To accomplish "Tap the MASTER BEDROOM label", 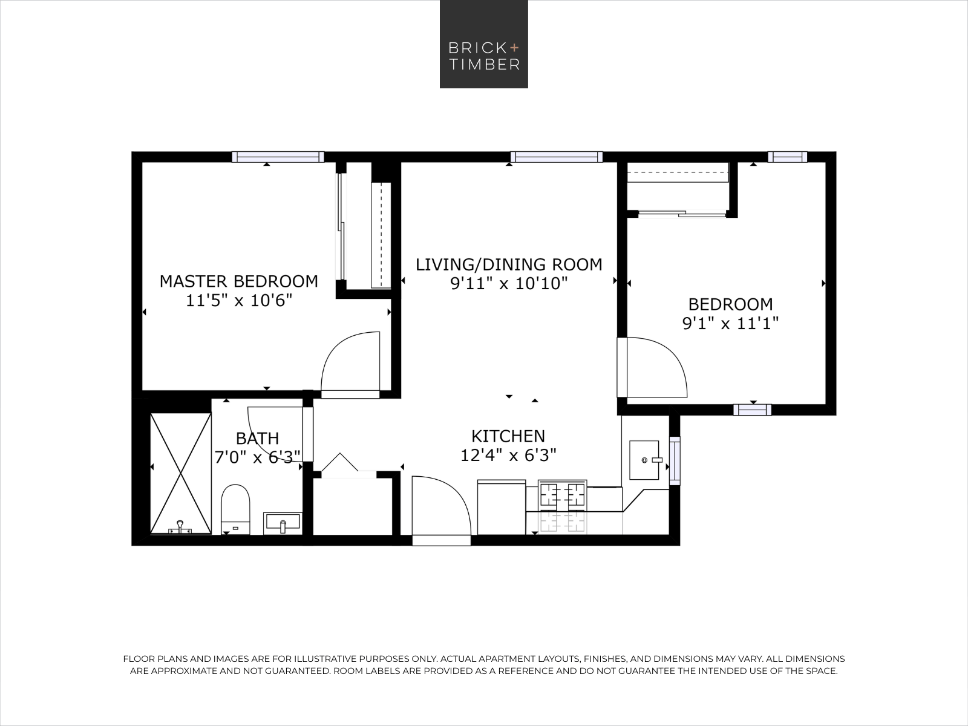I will click(238, 281).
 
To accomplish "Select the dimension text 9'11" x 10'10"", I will click(509, 284).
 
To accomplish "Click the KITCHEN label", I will click(508, 436).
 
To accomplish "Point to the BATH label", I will click(257, 438).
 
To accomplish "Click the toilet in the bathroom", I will click(235, 508).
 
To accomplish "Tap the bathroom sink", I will click(282, 523).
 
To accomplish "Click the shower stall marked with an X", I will click(180, 473).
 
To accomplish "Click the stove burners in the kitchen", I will click(563, 494).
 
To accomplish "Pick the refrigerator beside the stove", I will click(502, 507).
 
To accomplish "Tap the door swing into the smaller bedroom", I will click(656, 367).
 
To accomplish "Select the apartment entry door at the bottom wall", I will click(440, 508).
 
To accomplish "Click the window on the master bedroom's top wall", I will click(278, 157).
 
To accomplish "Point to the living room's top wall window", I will click(556, 157).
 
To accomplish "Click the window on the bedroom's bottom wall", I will click(752, 410).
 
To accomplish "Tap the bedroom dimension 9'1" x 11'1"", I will click(730, 323).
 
